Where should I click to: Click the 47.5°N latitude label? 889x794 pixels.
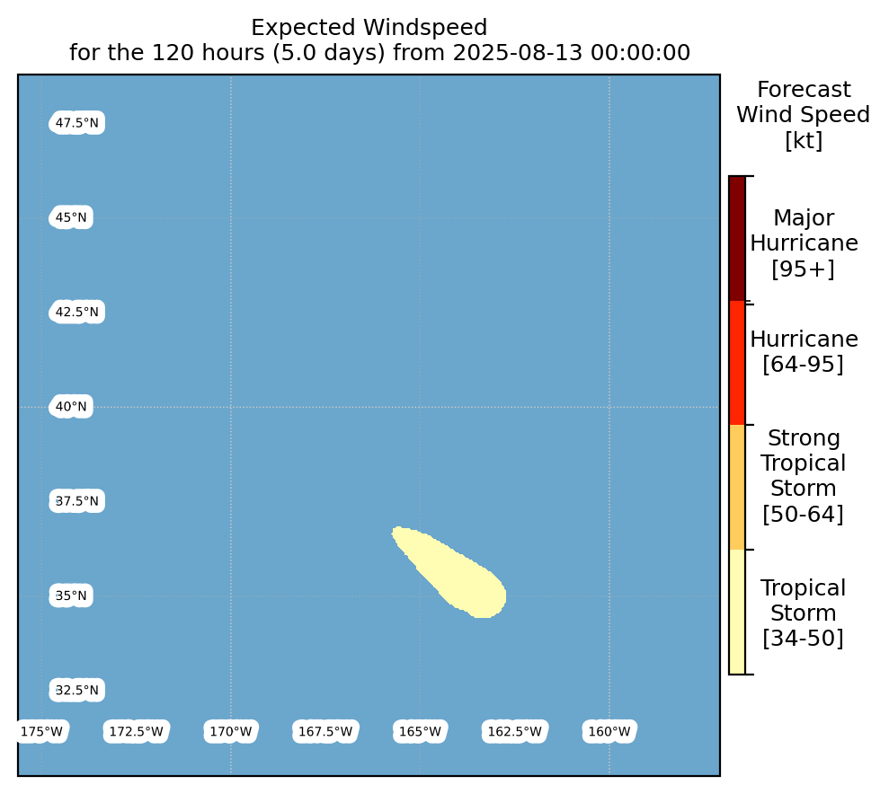(76, 123)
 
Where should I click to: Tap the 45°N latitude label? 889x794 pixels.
(71, 217)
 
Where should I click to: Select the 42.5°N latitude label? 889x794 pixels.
(76, 312)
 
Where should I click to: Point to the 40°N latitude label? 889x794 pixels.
(71, 407)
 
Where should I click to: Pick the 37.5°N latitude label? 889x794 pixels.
(76, 501)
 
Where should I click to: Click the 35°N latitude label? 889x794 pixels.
(71, 595)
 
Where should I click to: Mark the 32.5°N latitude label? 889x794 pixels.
(76, 691)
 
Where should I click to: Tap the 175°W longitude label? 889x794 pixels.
(41, 732)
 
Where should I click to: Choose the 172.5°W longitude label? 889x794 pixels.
(136, 732)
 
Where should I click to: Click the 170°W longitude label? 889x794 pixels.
(231, 732)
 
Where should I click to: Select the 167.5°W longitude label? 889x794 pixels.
(325, 732)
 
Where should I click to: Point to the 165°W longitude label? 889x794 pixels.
(420, 732)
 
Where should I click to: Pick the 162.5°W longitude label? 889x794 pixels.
(515, 732)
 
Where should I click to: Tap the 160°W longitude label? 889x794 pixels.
(609, 732)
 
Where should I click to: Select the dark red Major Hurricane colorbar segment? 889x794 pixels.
(737, 238)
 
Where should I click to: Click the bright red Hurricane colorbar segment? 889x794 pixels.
(737, 363)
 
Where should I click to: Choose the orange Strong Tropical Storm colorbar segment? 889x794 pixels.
(737, 488)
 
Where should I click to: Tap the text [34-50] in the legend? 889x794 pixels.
(803, 639)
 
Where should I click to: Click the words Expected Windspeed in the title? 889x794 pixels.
(369, 27)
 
